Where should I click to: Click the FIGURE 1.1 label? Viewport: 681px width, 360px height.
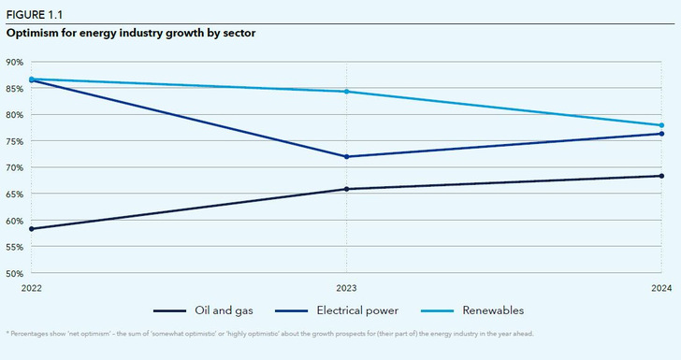click(32, 14)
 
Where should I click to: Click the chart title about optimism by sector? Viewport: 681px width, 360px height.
click(131, 33)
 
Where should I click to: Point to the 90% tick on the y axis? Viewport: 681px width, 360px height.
click(14, 62)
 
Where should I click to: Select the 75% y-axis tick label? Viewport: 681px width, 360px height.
click(14, 141)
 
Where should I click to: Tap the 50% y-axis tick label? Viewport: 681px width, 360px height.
click(14, 274)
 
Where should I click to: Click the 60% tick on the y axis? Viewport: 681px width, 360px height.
click(14, 222)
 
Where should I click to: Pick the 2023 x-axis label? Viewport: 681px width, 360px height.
click(347, 289)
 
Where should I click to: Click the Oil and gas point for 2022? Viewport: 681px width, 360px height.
click(32, 229)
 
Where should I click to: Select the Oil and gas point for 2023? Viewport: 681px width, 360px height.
click(347, 189)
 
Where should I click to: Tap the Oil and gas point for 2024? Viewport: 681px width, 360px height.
click(661, 176)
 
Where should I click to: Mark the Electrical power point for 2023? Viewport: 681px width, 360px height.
click(347, 156)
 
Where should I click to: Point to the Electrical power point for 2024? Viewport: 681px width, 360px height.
click(661, 134)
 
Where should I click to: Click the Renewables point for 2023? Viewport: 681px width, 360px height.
click(347, 92)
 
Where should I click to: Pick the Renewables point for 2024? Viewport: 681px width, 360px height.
click(661, 125)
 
